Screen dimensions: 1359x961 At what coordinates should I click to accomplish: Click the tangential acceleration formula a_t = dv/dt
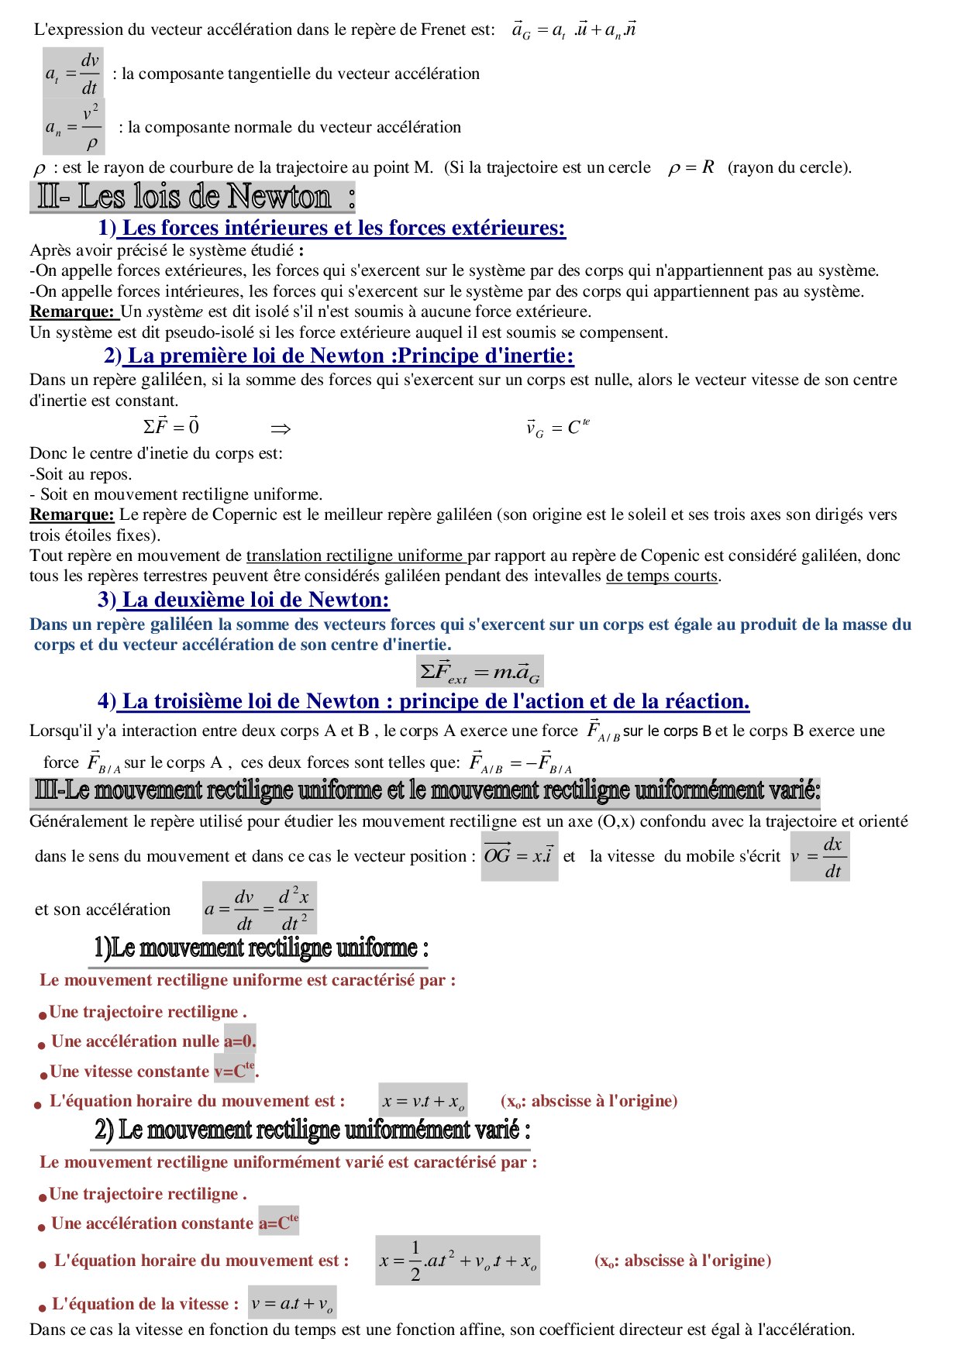73,74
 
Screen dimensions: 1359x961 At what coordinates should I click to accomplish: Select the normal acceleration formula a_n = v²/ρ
73,126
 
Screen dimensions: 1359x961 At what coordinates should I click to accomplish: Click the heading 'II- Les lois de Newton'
192,197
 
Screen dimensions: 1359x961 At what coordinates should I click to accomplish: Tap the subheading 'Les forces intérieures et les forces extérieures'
332,228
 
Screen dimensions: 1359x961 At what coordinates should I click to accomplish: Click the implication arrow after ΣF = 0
280,428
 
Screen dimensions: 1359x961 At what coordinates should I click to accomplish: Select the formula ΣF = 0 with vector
170,426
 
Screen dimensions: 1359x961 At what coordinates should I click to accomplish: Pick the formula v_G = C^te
557,428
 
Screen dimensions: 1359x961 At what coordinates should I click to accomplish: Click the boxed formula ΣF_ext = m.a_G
480,672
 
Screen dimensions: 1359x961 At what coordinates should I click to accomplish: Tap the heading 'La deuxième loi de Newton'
244,600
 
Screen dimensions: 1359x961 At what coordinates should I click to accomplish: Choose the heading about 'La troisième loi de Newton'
424,701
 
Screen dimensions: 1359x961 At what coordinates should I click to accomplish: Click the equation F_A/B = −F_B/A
521,763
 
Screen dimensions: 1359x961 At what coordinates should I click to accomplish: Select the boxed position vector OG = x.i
518,855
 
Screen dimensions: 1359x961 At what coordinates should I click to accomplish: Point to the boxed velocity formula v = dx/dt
819,856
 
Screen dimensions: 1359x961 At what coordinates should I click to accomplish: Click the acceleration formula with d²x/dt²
259,908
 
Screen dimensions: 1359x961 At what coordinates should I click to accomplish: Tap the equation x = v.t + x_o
423,1102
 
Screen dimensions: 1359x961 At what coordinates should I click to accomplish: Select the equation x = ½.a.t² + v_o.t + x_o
457,1261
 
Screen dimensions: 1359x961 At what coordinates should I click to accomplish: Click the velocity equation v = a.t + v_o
292,1304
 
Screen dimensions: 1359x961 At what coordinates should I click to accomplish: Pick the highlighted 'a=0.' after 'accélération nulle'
239,1041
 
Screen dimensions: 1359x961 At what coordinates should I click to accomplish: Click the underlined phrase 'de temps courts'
663,576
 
